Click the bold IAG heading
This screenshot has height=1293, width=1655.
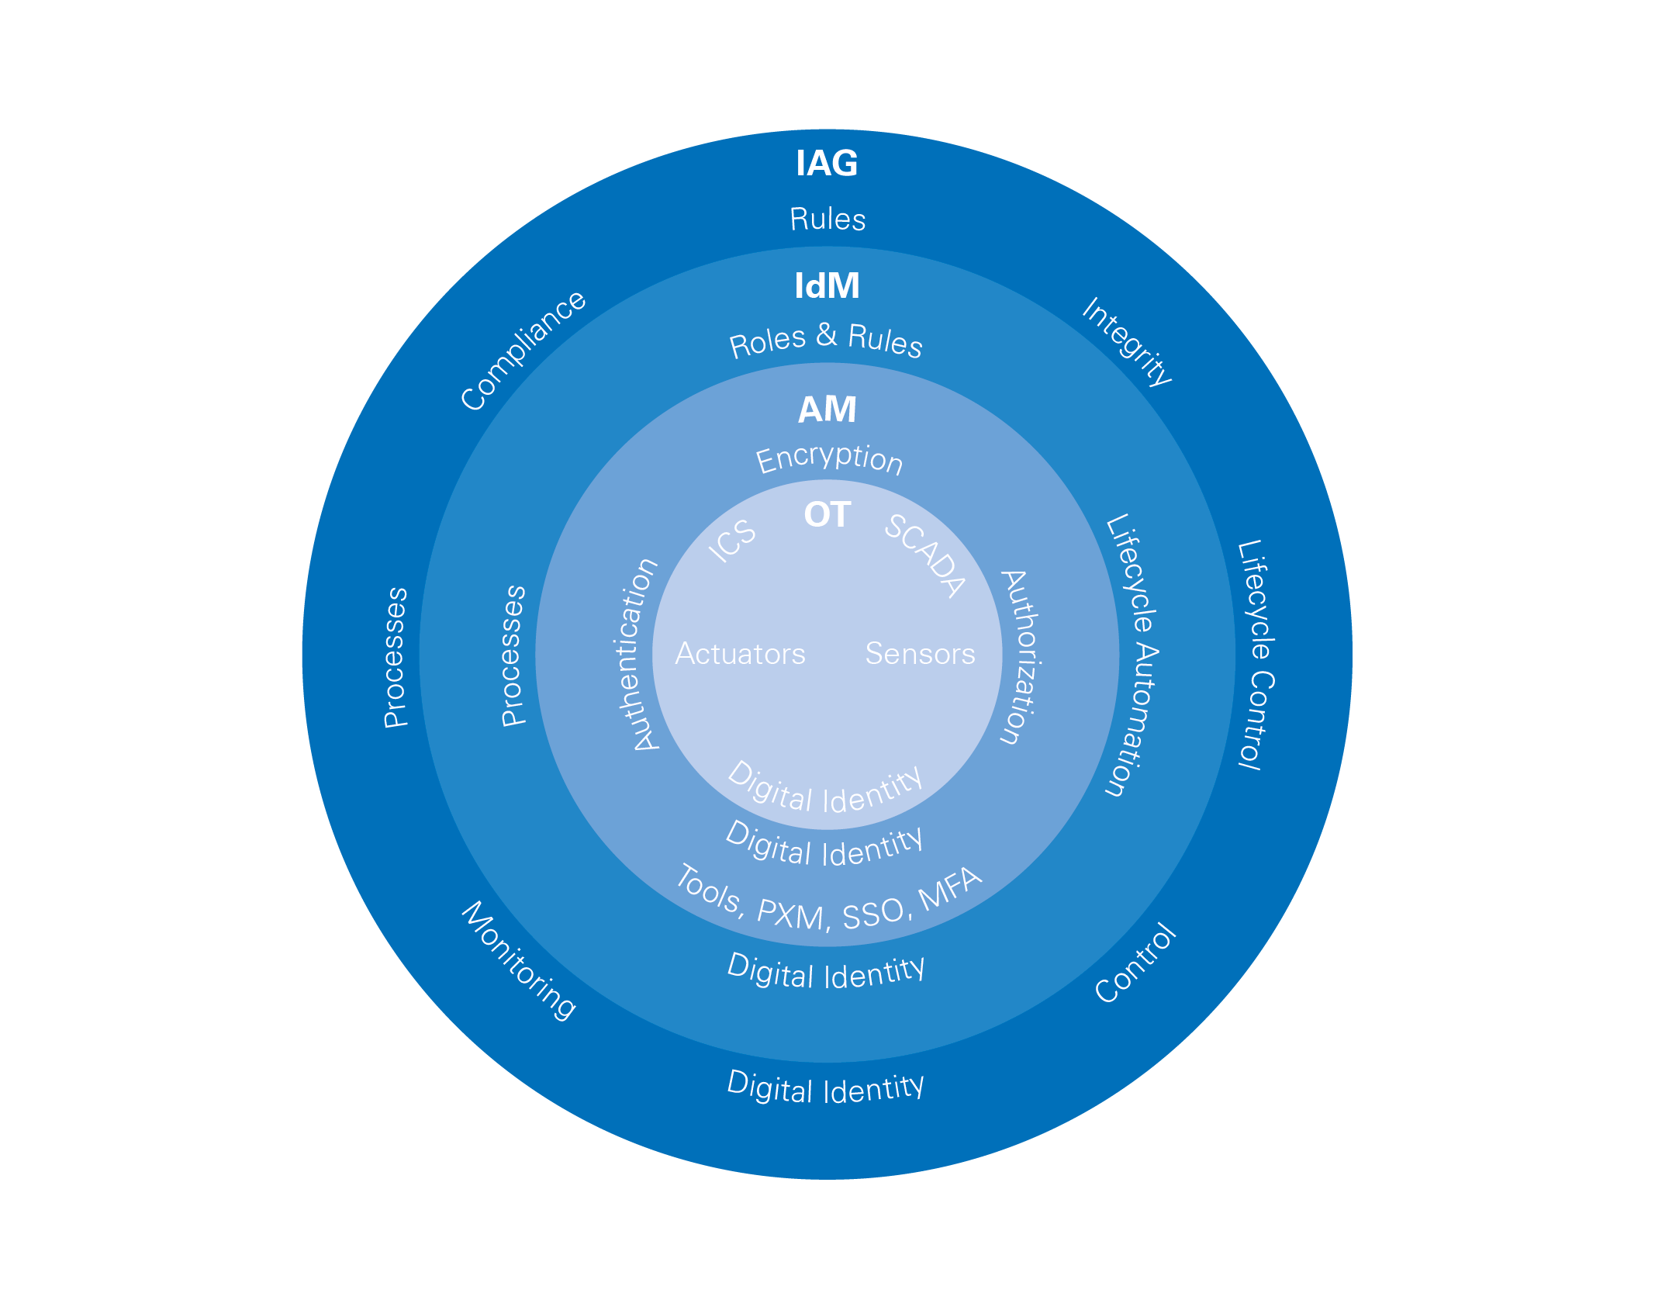click(x=827, y=164)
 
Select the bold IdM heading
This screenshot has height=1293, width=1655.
click(x=827, y=286)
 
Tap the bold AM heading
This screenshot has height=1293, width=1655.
click(x=827, y=410)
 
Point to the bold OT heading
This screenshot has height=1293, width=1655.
click(x=827, y=515)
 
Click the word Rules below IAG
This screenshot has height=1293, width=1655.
click(x=827, y=220)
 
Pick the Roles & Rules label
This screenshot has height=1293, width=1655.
click(x=826, y=341)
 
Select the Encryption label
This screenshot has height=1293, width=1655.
click(x=829, y=459)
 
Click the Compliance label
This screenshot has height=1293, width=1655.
click(x=523, y=351)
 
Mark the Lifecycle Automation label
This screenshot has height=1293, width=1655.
click(x=1132, y=655)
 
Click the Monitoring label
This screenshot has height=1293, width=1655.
click(x=519, y=960)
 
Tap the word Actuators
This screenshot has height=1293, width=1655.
click(x=740, y=654)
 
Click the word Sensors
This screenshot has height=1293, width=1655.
click(x=920, y=654)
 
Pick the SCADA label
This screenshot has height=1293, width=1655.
click(x=926, y=555)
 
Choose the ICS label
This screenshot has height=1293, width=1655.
click(x=732, y=540)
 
